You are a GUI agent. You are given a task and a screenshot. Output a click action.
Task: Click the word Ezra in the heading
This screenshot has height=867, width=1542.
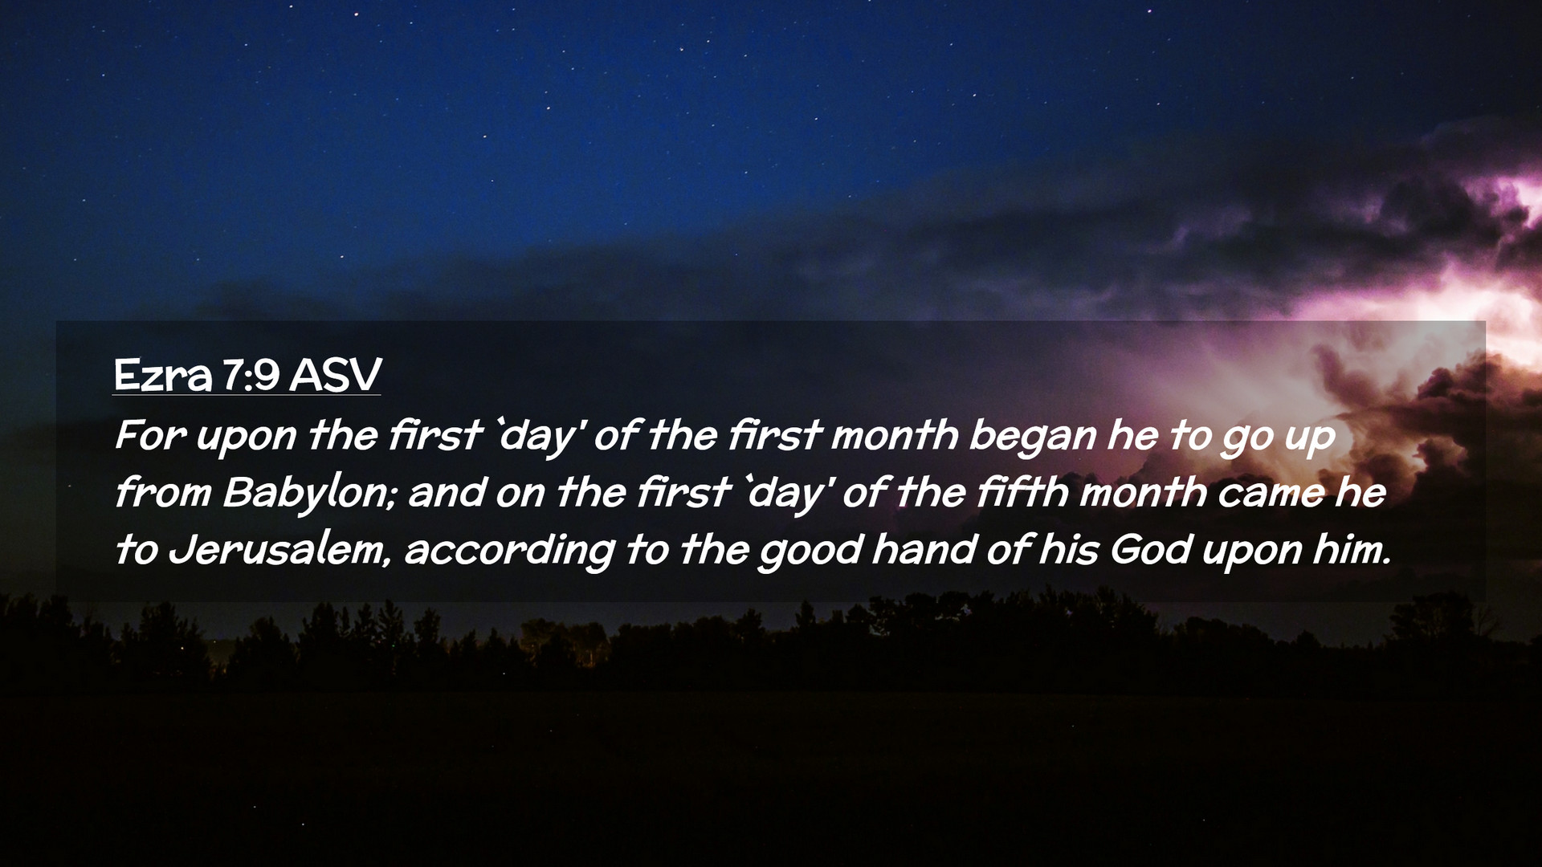pyautogui.click(x=163, y=375)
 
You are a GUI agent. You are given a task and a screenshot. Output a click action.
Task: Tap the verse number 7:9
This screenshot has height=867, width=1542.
pyautogui.click(x=251, y=375)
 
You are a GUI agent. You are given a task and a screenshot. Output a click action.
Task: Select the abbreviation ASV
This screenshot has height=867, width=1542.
pyautogui.click(x=335, y=375)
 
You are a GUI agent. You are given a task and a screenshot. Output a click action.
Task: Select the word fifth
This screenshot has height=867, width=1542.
pyautogui.click(x=1022, y=492)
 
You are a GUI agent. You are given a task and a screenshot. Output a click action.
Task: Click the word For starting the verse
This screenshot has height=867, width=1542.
pyautogui.click(x=150, y=436)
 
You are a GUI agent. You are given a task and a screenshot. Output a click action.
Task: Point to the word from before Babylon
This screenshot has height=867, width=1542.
pyautogui.click(x=163, y=493)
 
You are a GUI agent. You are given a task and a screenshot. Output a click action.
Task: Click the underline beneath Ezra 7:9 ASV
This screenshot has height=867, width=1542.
pyautogui.click(x=247, y=394)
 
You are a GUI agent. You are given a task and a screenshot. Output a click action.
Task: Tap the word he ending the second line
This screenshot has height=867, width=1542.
pyautogui.click(x=1360, y=493)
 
